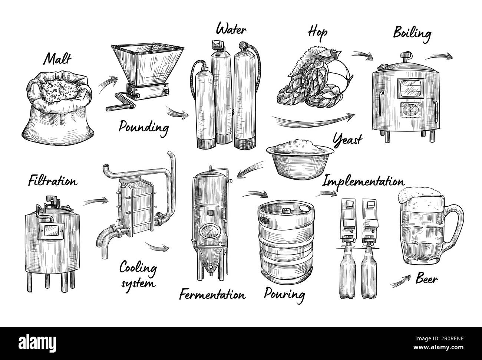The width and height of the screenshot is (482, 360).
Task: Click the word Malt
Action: point(57,59)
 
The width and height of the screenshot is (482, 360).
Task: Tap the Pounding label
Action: point(144,128)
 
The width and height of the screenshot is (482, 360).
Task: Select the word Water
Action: point(231,29)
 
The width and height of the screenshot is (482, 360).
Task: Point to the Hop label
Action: point(318,33)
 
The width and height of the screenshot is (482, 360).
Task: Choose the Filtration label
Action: point(53,181)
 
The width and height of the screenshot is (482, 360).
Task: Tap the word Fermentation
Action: point(212,295)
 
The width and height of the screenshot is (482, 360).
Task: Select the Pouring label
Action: point(284,295)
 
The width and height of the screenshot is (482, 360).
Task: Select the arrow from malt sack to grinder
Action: point(108,84)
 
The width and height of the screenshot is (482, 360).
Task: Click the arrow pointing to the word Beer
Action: point(400,281)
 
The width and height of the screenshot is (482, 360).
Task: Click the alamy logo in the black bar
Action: point(37,343)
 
